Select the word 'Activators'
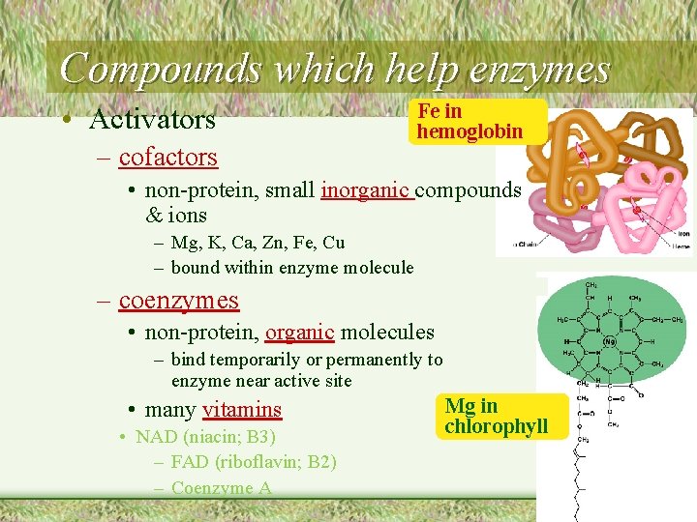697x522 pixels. (152, 120)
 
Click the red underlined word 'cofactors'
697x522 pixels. (167, 156)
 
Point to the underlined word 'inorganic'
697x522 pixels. (366, 190)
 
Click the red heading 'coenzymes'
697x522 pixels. (178, 301)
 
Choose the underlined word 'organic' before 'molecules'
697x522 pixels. (300, 333)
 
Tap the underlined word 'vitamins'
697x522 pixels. (242, 410)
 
